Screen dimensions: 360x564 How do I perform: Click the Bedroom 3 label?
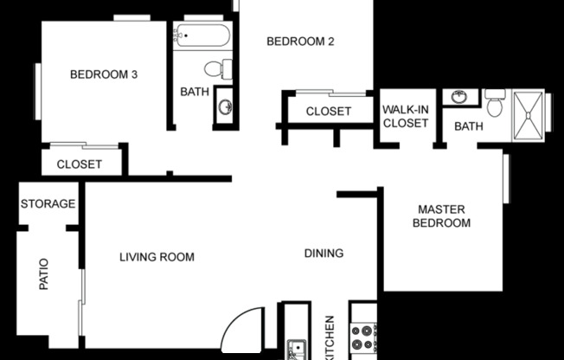pos(104,74)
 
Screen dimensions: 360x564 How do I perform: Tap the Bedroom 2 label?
pos(300,41)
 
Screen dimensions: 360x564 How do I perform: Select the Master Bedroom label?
pos(444,216)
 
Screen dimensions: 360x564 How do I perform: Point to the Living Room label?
pos(157,257)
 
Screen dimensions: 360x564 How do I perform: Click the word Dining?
pos(324,254)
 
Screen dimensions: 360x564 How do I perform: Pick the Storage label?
pos(48,204)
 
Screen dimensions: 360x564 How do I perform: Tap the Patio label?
pos(44,273)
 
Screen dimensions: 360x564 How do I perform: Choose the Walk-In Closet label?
pos(406,117)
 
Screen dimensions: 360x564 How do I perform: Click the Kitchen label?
pos(330,337)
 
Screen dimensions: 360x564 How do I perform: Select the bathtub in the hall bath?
pos(202,36)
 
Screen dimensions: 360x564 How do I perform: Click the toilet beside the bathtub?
pos(215,68)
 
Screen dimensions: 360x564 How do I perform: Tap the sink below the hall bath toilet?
pos(225,106)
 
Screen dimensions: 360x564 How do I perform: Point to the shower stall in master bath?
pos(529,115)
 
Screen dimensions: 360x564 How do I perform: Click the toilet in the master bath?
pos(495,105)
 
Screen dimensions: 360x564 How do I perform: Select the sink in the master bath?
pos(459,96)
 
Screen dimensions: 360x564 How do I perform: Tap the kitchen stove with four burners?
pos(363,337)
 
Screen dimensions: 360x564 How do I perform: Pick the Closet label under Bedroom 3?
pos(80,164)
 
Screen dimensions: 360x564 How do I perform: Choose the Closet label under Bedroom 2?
pos(329,112)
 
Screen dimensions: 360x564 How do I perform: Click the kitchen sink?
pos(297,349)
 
